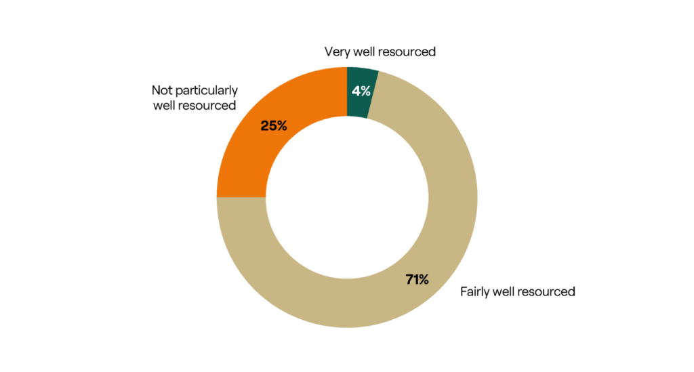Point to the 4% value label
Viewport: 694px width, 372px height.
point(361,91)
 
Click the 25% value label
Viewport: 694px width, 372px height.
point(274,125)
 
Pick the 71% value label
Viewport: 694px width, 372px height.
point(417,279)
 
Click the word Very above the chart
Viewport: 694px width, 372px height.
point(338,51)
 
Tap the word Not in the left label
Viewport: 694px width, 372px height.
point(161,90)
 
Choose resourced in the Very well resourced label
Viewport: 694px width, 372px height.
point(407,51)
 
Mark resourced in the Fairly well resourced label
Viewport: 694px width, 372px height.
point(546,292)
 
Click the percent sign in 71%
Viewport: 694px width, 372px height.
point(423,279)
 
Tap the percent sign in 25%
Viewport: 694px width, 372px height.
point(281,125)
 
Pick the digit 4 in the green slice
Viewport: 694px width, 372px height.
point(356,91)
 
